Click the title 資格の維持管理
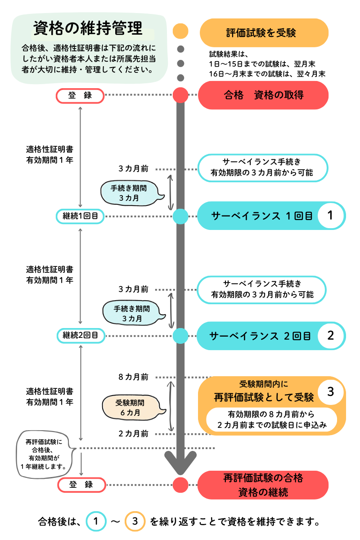click(88, 28)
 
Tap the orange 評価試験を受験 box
click(264, 33)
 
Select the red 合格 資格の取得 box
click(264, 95)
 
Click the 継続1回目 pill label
click(81, 216)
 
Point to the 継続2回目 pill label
click(81, 335)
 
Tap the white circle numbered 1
click(330, 216)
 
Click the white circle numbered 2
click(330, 336)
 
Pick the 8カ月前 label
click(133, 377)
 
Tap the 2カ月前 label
click(133, 434)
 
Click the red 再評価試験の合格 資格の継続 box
click(263, 485)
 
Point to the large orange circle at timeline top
click(180, 31)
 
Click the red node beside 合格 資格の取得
click(180, 95)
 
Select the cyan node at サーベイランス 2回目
click(180, 336)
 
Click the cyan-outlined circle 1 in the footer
click(95, 522)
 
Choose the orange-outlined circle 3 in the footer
click(135, 522)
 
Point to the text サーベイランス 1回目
click(262, 216)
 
